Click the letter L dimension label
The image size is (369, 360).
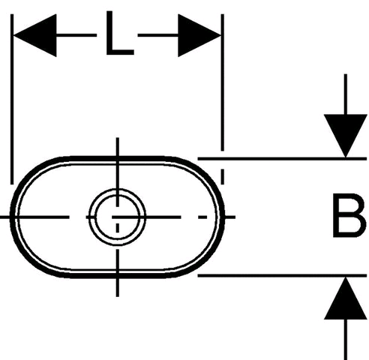(x=120, y=33)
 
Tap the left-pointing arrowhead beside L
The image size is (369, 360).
(x=34, y=35)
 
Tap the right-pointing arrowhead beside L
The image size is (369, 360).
(x=199, y=35)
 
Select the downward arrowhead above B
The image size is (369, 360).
(x=345, y=136)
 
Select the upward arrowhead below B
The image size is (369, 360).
(x=345, y=298)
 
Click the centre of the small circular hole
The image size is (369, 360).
(x=117, y=217)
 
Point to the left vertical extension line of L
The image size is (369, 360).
(x=12, y=99)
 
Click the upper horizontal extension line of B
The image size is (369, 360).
(x=282, y=159)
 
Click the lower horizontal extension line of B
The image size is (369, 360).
(x=282, y=275)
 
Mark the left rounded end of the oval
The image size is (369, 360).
(x=12, y=217)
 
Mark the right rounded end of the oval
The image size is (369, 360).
(x=223, y=217)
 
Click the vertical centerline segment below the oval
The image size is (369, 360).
(x=118, y=287)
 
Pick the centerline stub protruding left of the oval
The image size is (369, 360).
(x=4, y=217)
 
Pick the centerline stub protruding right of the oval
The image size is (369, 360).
(x=230, y=217)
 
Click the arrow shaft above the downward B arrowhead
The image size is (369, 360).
(x=345, y=94)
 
